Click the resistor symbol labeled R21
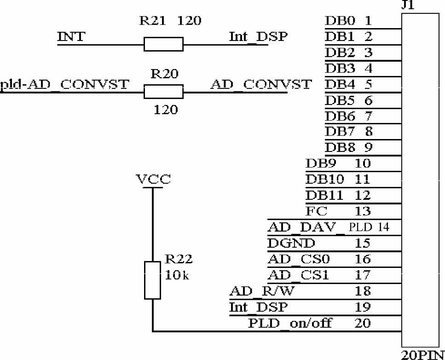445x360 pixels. click(163, 44)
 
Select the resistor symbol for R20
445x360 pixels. click(163, 92)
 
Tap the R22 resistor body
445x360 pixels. click(152, 279)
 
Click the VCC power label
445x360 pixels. click(153, 179)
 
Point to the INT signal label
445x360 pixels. click(71, 36)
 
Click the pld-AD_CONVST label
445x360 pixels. click(64, 85)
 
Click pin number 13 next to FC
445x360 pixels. click(363, 211)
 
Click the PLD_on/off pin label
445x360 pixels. click(290, 323)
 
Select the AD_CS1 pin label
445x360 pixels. click(298, 275)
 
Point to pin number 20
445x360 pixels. click(363, 323)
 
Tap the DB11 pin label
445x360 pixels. click(324, 195)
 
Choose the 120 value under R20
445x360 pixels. click(165, 110)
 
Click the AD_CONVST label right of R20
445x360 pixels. click(260, 85)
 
